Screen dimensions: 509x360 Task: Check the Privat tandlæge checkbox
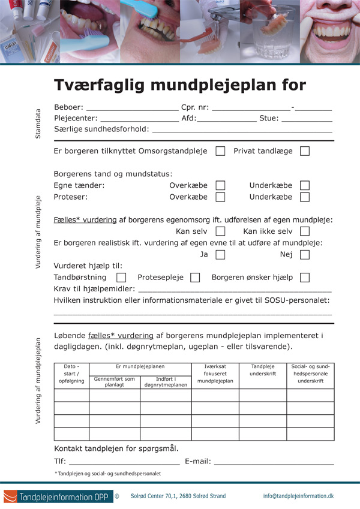pyautogui.click(x=305, y=151)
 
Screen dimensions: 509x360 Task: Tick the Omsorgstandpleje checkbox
pyautogui.click(x=220, y=151)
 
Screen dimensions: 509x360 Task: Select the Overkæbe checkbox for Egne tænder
pyautogui.click(x=220, y=186)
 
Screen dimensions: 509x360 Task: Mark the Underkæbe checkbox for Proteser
pyautogui.click(x=305, y=197)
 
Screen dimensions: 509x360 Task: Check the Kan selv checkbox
pyautogui.click(x=220, y=231)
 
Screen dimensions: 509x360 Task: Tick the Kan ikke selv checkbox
pyautogui.click(x=305, y=231)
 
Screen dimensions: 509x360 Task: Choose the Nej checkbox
pyautogui.click(x=305, y=255)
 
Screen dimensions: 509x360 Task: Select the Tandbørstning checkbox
pyautogui.click(x=121, y=278)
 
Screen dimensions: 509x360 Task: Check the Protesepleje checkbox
pyautogui.click(x=195, y=278)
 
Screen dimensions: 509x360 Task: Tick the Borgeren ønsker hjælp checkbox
pyautogui.click(x=305, y=278)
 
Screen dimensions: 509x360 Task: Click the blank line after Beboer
pyautogui.click(x=133, y=110)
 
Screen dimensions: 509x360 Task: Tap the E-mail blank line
pyautogui.click(x=274, y=463)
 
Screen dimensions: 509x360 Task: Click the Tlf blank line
pyautogui.click(x=124, y=463)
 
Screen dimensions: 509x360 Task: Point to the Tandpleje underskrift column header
pyautogui.click(x=263, y=370)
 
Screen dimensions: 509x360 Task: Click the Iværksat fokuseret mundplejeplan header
pyautogui.click(x=215, y=374)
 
